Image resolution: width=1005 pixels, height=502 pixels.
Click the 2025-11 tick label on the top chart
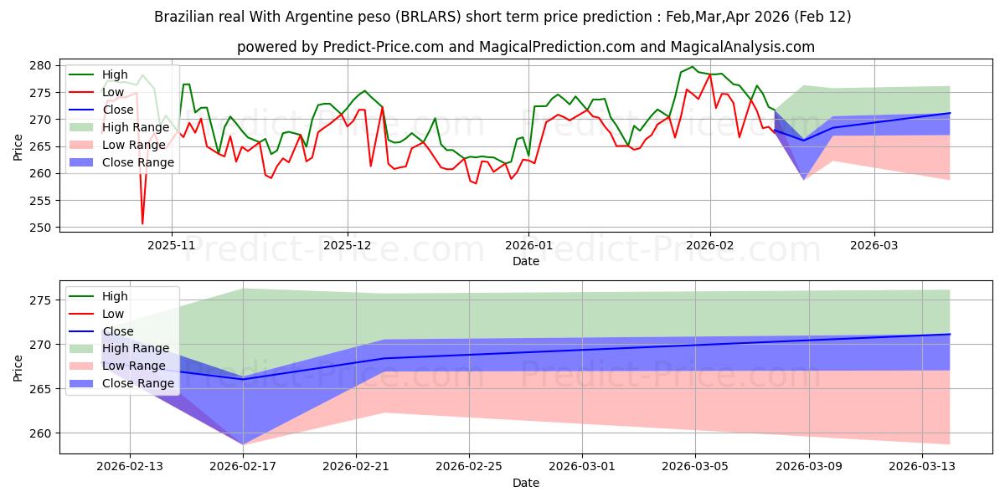click(x=172, y=246)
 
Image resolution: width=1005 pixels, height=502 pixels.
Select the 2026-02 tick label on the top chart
click(x=710, y=246)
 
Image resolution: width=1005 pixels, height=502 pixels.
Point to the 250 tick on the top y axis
click(x=43, y=228)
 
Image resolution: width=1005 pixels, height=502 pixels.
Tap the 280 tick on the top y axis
click(x=43, y=65)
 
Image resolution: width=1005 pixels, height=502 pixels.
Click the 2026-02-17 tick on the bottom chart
click(x=243, y=467)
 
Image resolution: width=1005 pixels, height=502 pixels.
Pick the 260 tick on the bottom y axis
click(x=43, y=433)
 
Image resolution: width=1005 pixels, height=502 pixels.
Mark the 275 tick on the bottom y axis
click(x=43, y=300)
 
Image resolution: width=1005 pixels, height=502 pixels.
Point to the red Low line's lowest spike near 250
click(x=142, y=223)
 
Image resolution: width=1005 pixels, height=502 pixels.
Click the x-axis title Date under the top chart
click(x=526, y=262)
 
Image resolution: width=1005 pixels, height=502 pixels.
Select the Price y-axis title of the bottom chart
click(x=18, y=367)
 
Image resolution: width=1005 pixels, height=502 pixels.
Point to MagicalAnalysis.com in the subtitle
click(x=747, y=47)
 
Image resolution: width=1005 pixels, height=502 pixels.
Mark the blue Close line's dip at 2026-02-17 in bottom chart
click(x=243, y=379)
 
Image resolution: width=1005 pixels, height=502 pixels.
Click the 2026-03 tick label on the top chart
click(x=874, y=246)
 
